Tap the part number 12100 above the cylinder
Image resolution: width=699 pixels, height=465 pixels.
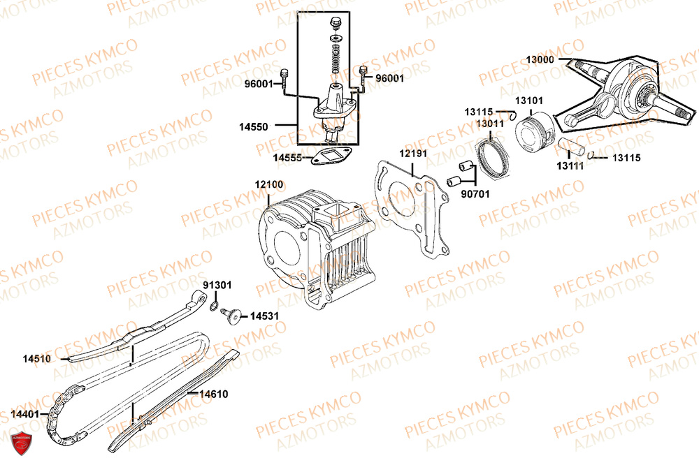[x=269, y=185]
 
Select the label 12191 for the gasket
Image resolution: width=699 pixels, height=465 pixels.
[x=413, y=153]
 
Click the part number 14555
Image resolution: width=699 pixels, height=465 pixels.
[x=287, y=158]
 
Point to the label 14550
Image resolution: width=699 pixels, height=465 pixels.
[x=253, y=127]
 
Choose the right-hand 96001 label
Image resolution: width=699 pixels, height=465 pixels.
[x=389, y=79]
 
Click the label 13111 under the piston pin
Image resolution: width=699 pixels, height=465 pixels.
[x=571, y=166]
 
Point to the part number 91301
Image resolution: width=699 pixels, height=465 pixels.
[x=217, y=286]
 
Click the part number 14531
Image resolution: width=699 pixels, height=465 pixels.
[x=264, y=316]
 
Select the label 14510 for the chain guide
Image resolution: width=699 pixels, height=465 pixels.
[x=36, y=359]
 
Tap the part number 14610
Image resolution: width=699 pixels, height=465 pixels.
[x=213, y=394]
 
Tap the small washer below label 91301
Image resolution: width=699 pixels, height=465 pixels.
[x=212, y=306]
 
